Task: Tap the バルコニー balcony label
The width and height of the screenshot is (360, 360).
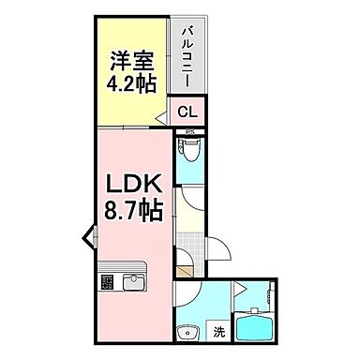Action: pos(187,56)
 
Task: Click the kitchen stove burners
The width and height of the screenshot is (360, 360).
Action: pos(107,280)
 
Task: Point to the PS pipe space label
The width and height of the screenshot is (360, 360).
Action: pos(189,130)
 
